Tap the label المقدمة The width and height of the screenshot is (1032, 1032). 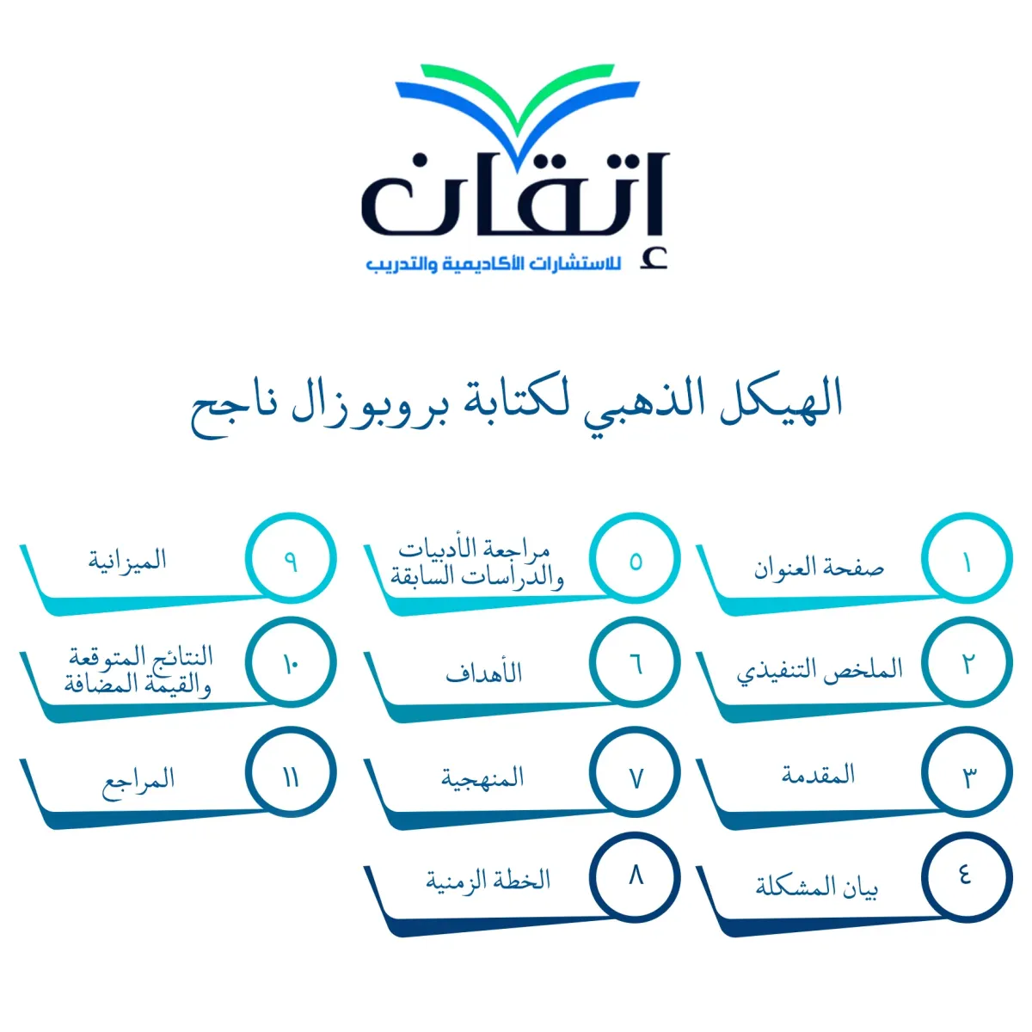point(818,776)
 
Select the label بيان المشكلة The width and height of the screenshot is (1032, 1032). point(817,888)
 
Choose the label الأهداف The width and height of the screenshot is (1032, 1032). point(483,673)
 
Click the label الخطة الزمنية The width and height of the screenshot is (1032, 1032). point(488,881)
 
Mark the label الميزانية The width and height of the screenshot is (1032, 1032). point(127,561)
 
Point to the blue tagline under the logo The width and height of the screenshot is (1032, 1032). point(494,264)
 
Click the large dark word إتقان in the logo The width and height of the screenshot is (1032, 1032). point(515,201)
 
